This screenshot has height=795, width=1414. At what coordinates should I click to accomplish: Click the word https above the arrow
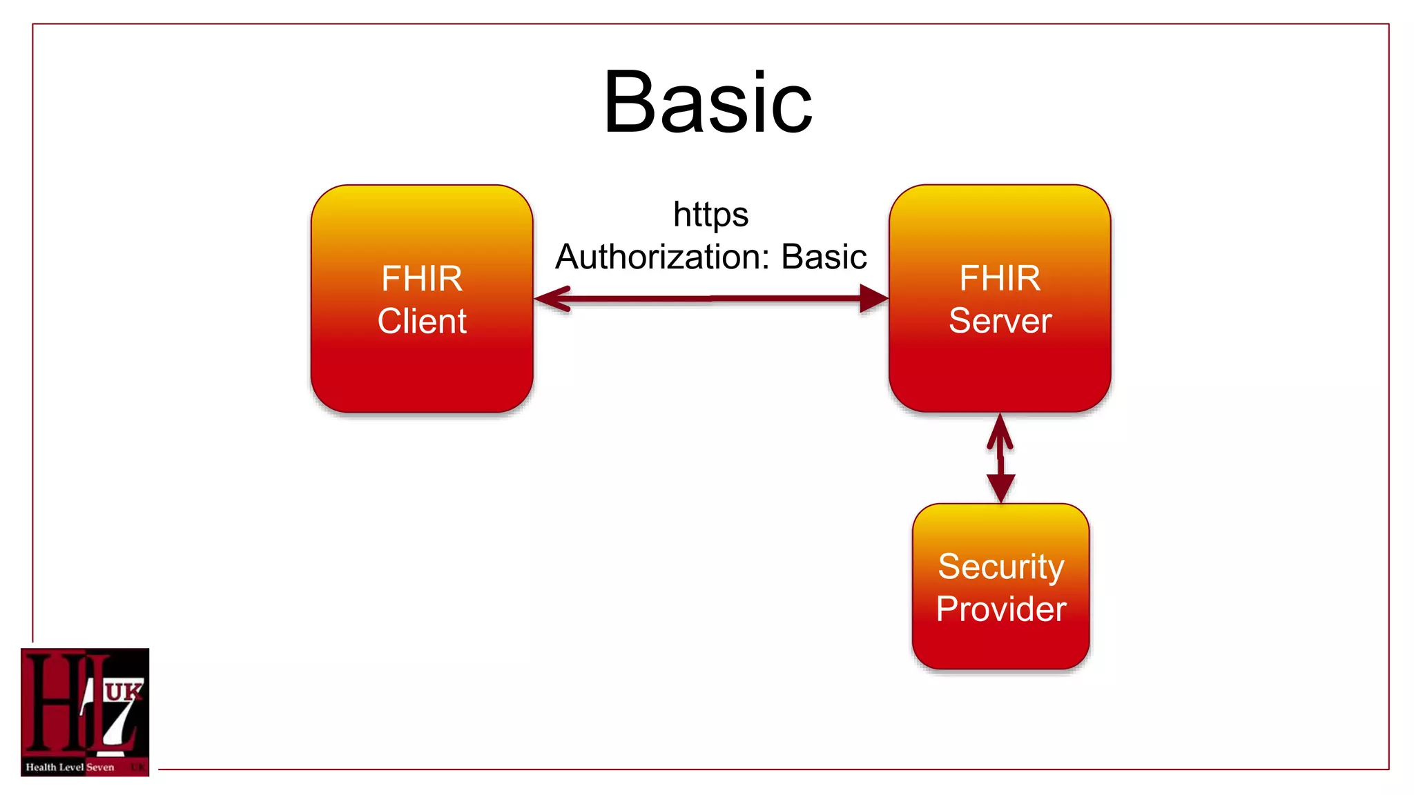click(710, 215)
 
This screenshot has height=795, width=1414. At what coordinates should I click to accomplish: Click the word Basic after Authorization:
click(824, 257)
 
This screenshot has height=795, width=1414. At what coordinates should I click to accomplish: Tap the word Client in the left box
click(422, 322)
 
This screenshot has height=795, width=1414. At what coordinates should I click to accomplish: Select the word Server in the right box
click(1000, 321)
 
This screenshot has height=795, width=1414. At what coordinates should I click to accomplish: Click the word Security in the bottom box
click(1000, 567)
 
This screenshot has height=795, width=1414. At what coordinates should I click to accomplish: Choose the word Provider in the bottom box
click(1000, 609)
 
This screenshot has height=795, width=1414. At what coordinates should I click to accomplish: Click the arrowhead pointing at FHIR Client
click(552, 299)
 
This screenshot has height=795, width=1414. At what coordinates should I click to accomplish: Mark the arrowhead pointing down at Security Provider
click(1000, 487)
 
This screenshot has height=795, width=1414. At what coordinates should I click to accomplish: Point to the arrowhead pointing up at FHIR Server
click(1000, 431)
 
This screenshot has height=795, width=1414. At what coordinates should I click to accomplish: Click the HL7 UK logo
click(85, 711)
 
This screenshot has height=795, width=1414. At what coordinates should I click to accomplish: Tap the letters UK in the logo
click(124, 691)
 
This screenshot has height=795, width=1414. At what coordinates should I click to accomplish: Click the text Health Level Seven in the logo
click(70, 767)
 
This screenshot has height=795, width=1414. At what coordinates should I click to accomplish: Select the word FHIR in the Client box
click(422, 279)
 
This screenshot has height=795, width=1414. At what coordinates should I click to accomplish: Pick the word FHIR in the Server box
click(1000, 279)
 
